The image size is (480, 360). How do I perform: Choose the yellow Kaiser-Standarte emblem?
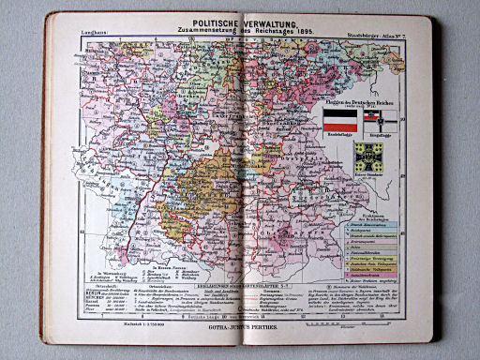click(367, 155)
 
